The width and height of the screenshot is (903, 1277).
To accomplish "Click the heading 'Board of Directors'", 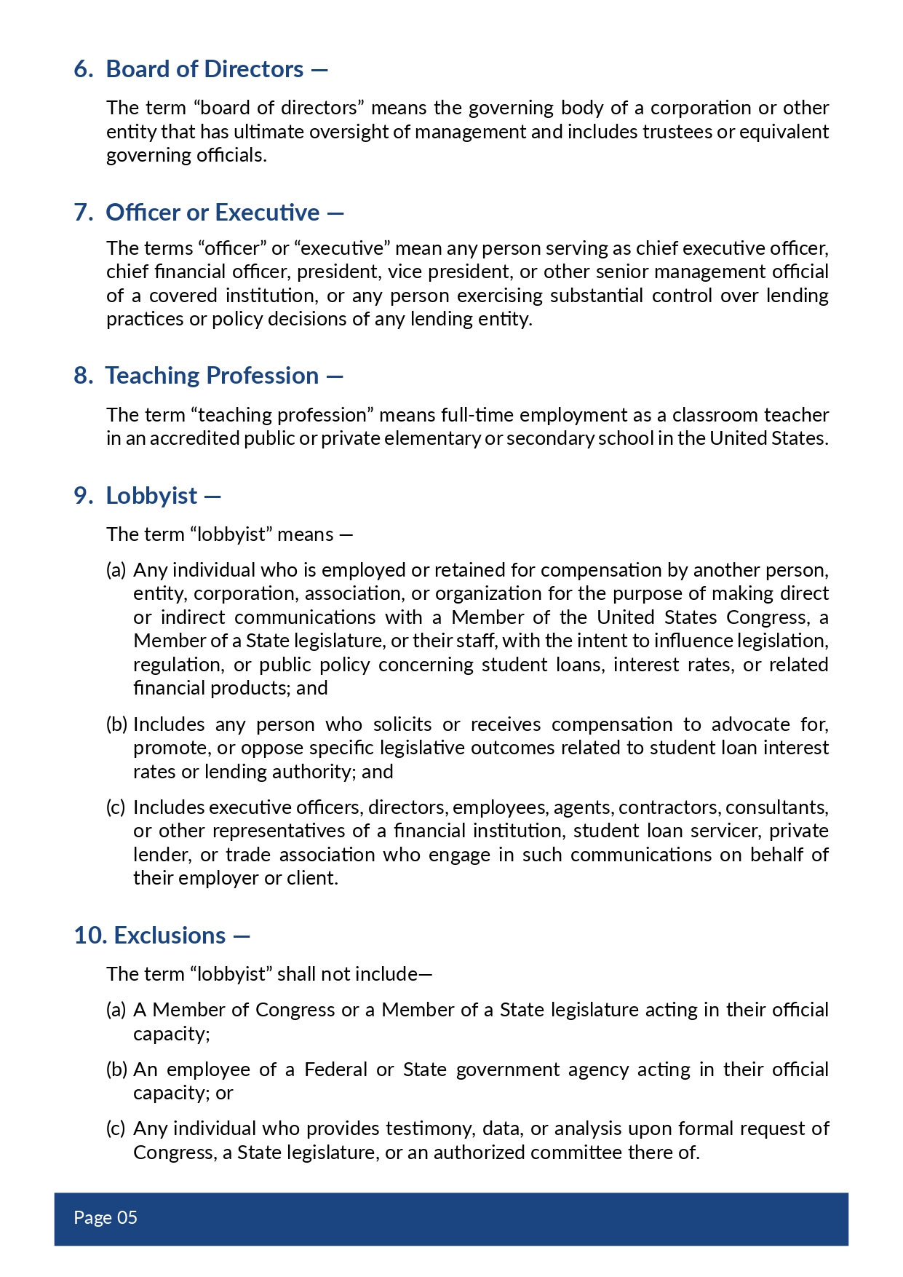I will point(204,69).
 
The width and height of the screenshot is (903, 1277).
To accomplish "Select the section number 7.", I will point(83,213).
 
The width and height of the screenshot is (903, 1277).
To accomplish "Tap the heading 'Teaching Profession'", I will point(212,376).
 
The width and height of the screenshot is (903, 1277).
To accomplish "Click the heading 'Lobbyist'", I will point(151,496).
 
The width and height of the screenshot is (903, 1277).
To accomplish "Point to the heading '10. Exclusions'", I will point(150,936).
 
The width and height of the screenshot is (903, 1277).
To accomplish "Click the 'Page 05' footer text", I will point(106,1217).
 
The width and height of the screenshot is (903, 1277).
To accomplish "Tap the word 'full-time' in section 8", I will point(477,415).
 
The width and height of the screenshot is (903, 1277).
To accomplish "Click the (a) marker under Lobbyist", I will point(116,570).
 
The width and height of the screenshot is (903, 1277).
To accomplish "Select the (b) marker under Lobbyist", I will point(116,724).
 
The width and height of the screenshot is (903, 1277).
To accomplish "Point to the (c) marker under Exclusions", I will point(116,1128).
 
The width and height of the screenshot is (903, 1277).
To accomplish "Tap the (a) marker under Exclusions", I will point(116,1010).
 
